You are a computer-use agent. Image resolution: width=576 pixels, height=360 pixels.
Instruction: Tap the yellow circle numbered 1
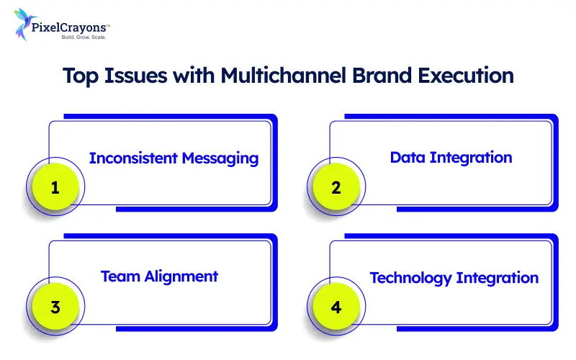point(55,188)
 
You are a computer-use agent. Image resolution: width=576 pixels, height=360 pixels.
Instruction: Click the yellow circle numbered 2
point(336,188)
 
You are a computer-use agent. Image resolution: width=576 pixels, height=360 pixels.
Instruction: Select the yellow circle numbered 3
point(55,307)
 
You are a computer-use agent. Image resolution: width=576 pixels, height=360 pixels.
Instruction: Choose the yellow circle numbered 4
point(336,307)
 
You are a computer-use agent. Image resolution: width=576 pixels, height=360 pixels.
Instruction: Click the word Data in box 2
point(408,157)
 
